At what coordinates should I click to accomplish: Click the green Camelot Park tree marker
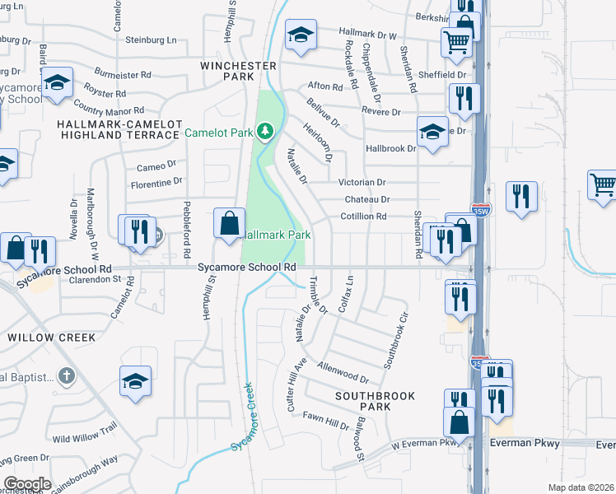[264, 132]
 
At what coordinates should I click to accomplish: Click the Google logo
[27, 484]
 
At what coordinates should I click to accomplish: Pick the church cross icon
[67, 376]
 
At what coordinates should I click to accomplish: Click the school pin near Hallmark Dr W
[301, 35]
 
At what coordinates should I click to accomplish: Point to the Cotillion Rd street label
[363, 217]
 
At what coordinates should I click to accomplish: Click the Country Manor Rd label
[108, 107]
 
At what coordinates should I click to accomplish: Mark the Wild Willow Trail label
[86, 432]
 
